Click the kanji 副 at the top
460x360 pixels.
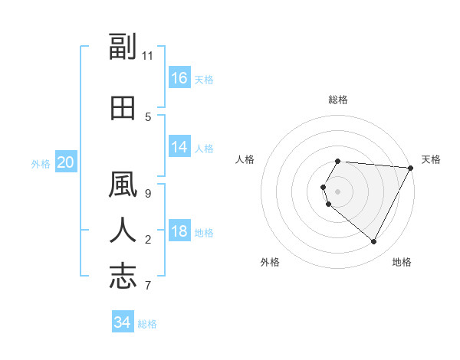point(123,47)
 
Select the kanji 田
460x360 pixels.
point(123,109)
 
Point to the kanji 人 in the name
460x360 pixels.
point(123,231)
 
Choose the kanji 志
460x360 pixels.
point(123,276)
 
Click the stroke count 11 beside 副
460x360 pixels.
point(149,56)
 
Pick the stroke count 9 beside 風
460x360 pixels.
point(148,193)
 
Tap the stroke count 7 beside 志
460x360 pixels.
point(148,286)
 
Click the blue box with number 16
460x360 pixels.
point(179,78)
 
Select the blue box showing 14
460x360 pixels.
point(179,147)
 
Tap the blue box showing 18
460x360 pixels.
point(179,232)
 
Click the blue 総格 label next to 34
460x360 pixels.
point(147,324)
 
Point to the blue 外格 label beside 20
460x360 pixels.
point(41,163)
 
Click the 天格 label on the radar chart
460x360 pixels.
point(431,159)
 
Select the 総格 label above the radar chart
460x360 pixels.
point(337,100)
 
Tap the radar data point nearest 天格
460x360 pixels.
point(412,168)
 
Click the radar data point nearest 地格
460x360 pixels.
point(374,242)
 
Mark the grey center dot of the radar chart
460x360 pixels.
point(337,191)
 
